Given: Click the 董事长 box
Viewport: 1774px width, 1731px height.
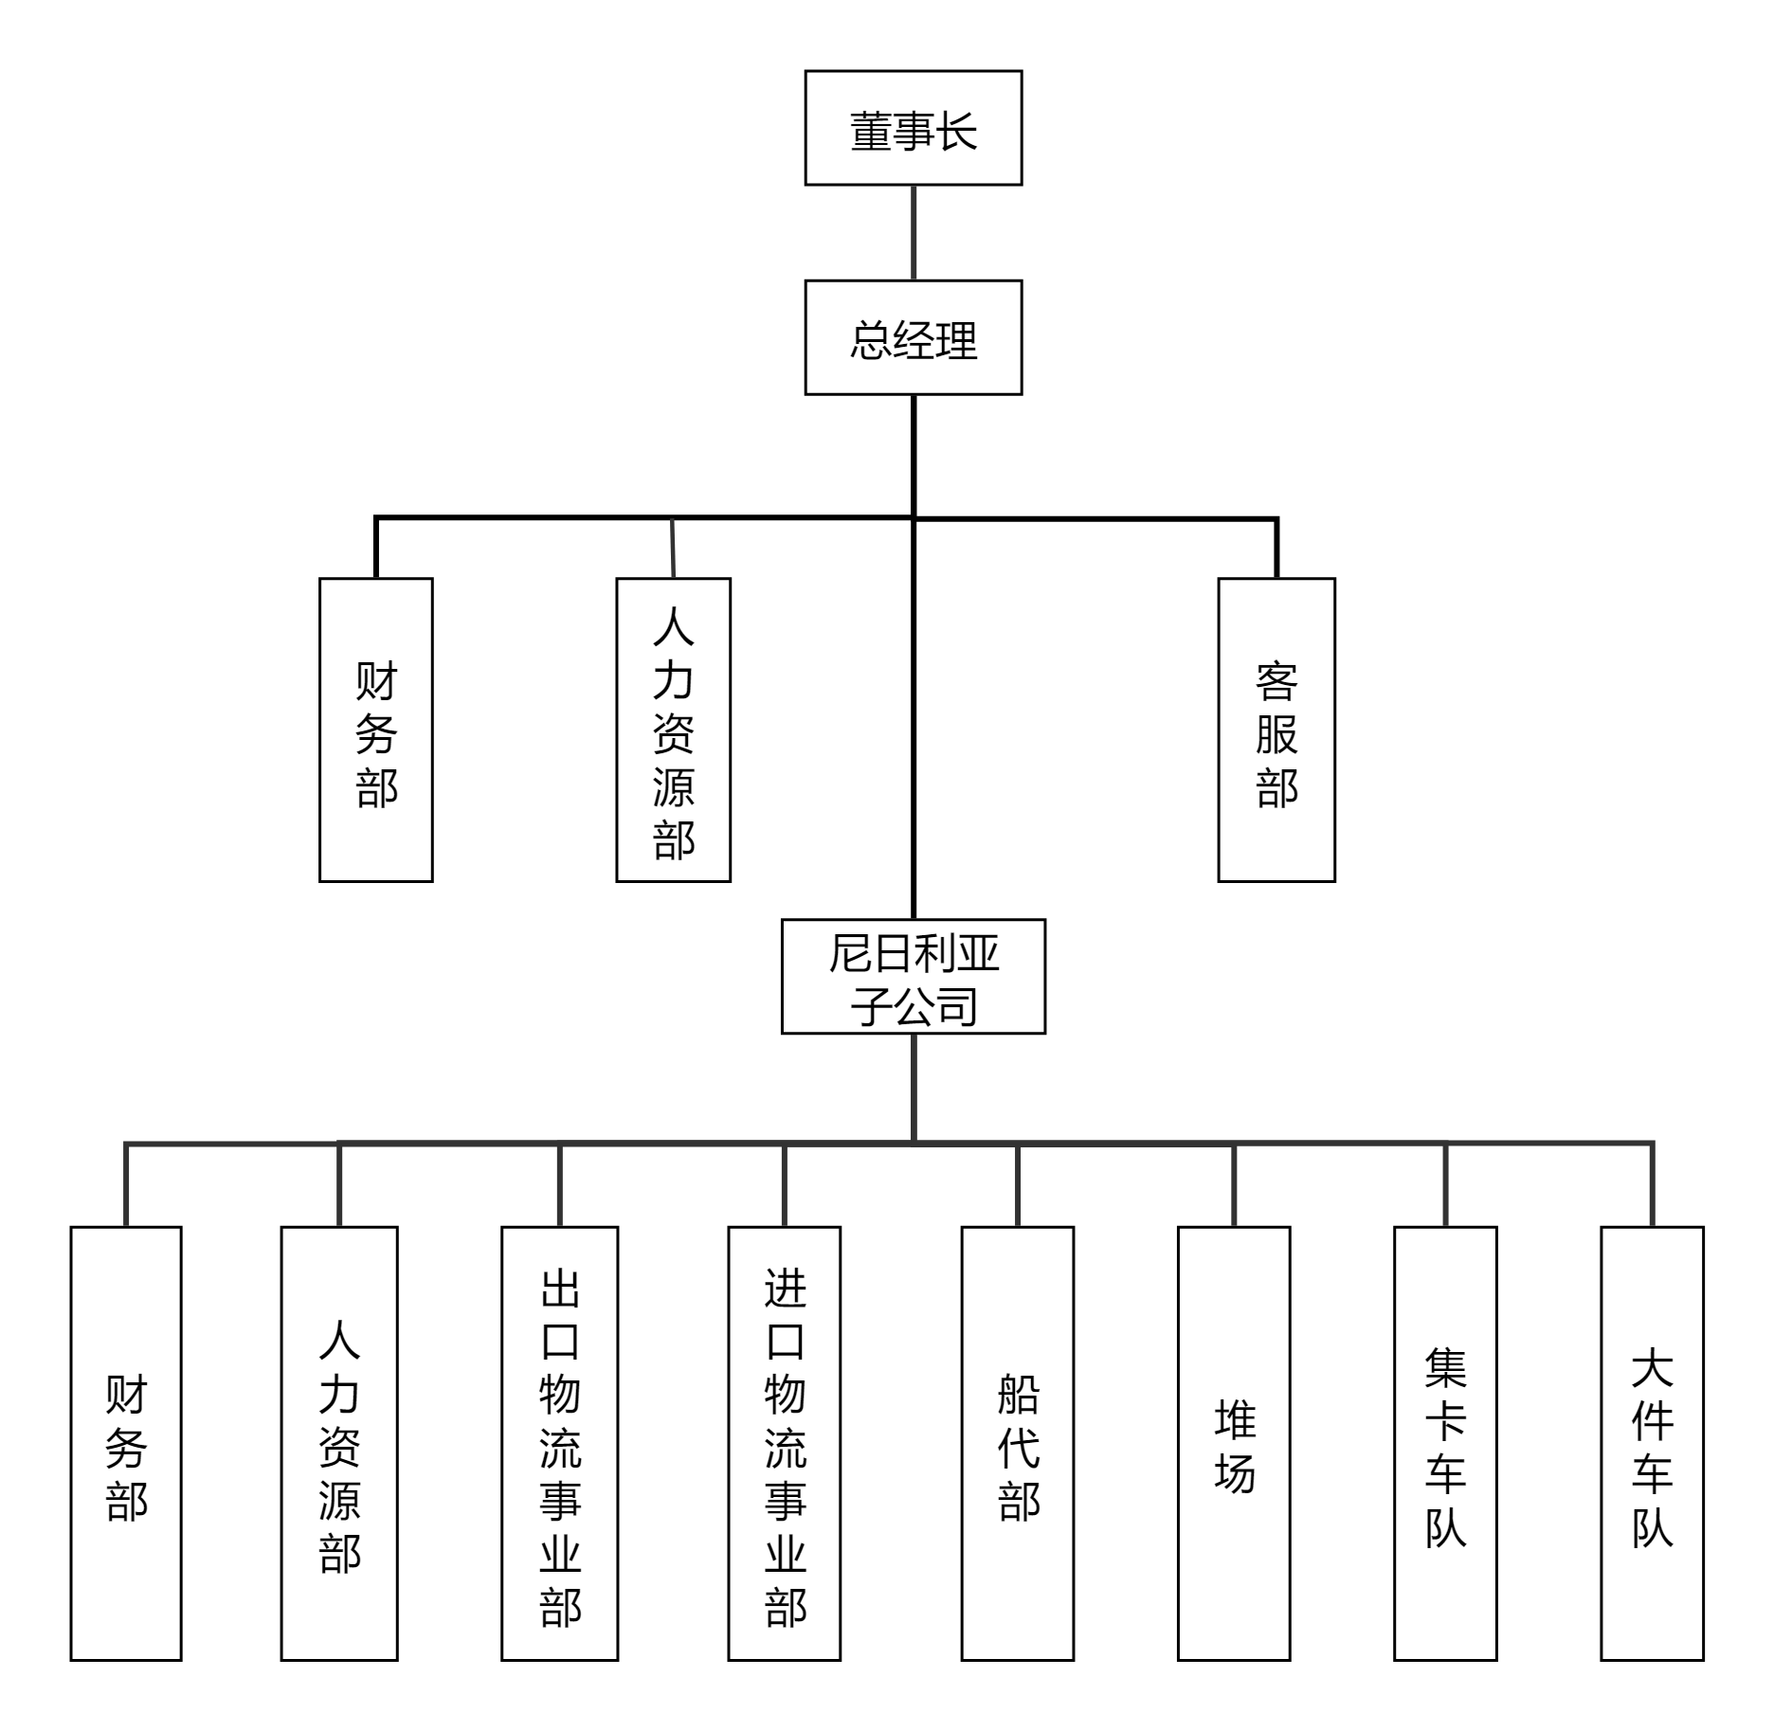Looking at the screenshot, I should pyautogui.click(x=913, y=128).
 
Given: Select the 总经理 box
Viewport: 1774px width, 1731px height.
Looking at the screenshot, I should pyautogui.click(x=913, y=337).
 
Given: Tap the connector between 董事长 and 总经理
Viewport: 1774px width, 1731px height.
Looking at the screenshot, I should pyautogui.click(x=914, y=232).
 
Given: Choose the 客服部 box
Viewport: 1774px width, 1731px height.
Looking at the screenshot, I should pyautogui.click(x=1276, y=730).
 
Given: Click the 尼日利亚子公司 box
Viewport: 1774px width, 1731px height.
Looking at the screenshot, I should pyautogui.click(x=913, y=976).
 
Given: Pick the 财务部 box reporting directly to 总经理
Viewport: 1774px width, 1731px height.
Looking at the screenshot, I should pyautogui.click(x=375, y=730).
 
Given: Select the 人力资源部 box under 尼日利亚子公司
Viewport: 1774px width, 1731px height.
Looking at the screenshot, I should pyautogui.click(x=339, y=1444).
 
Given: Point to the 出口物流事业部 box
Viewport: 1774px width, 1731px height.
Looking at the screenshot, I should pyautogui.click(x=559, y=1444).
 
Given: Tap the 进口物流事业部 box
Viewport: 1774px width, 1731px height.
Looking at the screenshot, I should pyautogui.click(x=784, y=1444).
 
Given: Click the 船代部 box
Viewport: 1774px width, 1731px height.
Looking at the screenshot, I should pyautogui.click(x=1017, y=1444).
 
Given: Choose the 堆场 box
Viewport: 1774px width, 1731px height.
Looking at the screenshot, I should pyautogui.click(x=1233, y=1444).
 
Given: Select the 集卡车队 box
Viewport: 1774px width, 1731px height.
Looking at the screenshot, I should pyautogui.click(x=1444, y=1444).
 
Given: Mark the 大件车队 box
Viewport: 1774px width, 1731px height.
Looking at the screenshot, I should pyautogui.click(x=1652, y=1444).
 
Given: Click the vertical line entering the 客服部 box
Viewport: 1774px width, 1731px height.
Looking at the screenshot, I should pyautogui.click(x=1276, y=550).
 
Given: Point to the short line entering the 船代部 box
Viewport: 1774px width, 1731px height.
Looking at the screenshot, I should pyautogui.click(x=1017, y=1185).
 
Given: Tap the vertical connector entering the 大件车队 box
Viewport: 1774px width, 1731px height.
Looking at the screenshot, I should pyautogui.click(x=1653, y=1185).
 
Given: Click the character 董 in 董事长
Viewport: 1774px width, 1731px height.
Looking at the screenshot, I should pyautogui.click(x=870, y=131).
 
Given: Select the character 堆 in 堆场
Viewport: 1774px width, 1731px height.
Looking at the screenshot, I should pyautogui.click(x=1235, y=1418).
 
